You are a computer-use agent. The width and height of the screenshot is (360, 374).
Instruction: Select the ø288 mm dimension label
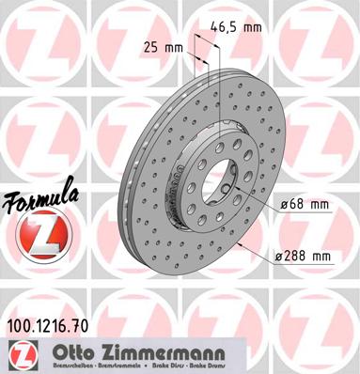coord(308,255)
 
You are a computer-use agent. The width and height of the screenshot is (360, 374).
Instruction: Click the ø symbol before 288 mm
coord(285,255)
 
